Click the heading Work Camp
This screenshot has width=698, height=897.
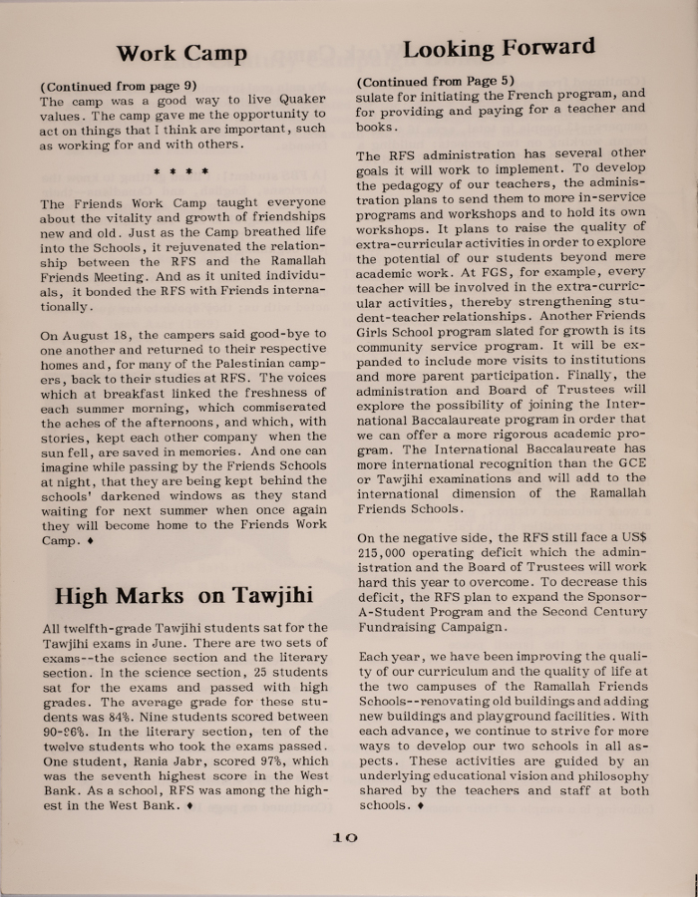181,54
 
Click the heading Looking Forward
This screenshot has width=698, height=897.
499,47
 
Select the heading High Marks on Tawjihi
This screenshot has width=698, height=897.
183,595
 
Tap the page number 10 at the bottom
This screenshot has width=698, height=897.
344,837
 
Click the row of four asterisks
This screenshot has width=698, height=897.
180,171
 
